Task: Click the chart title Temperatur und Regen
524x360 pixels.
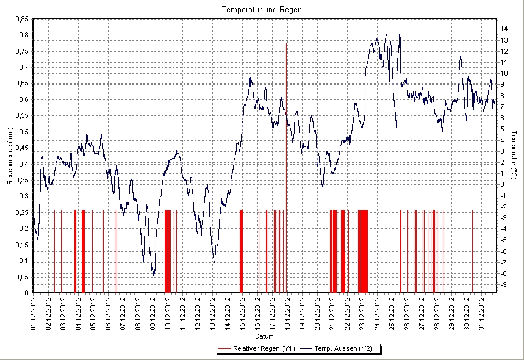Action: [262, 10]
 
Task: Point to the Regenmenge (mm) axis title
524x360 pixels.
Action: [10, 160]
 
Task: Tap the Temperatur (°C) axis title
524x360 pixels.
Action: [514, 153]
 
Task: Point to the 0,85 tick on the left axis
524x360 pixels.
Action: [21, 19]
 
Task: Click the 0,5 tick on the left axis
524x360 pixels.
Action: [23, 132]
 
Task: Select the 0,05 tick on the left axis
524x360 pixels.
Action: [21, 277]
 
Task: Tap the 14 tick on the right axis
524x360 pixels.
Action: [504, 29]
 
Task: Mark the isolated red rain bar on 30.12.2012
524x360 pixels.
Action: [472, 250]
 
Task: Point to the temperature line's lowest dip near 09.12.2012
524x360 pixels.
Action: [154, 276]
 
